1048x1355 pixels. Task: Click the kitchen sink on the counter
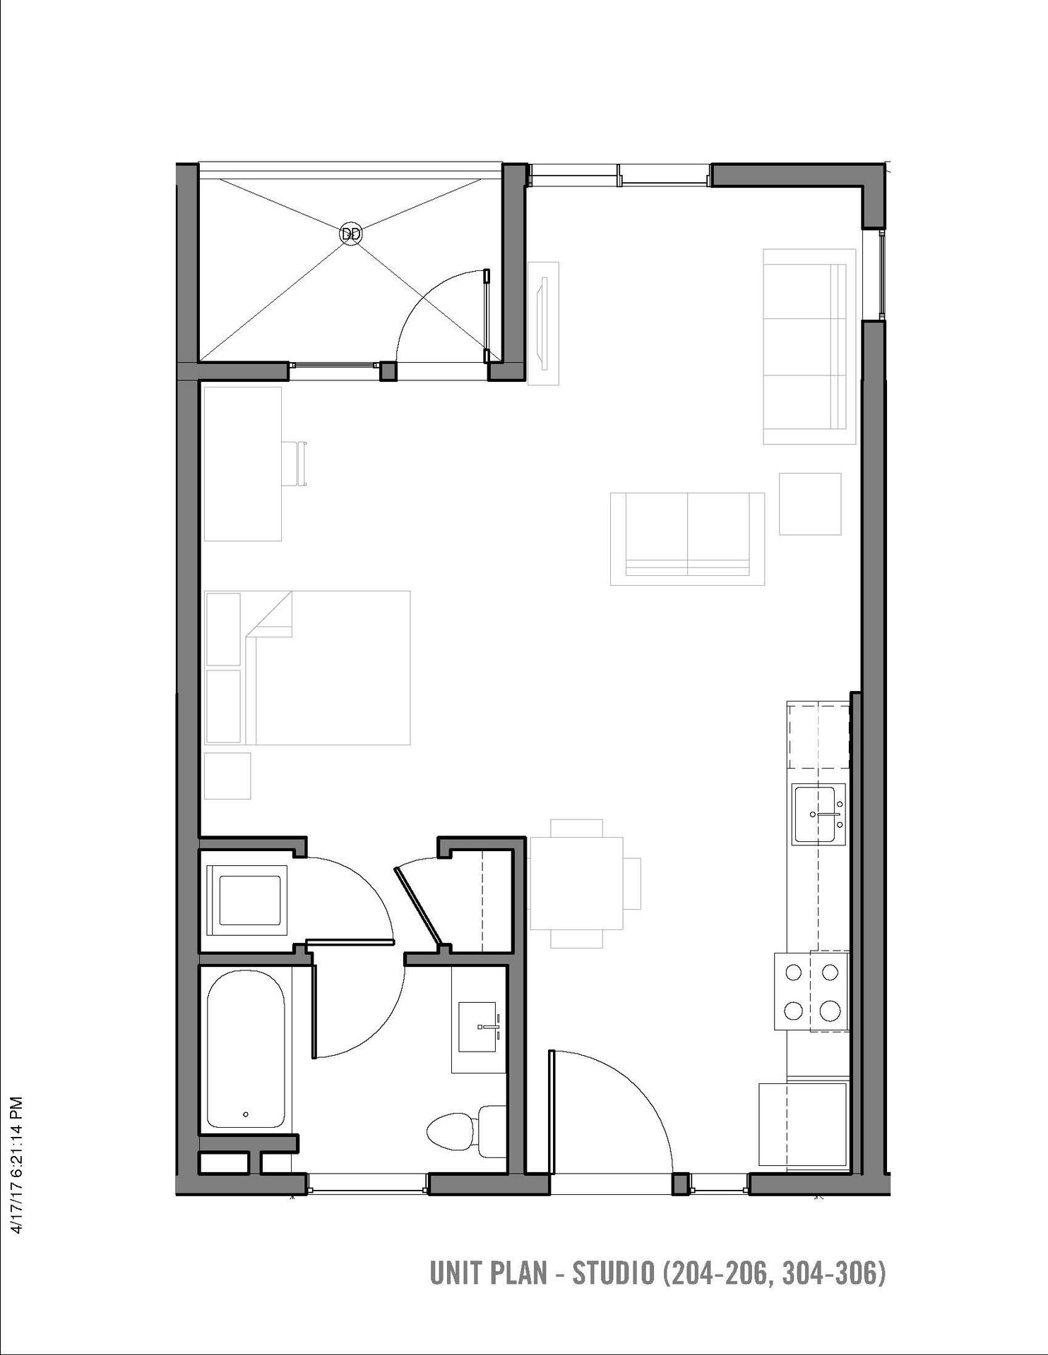pyautogui.click(x=818, y=814)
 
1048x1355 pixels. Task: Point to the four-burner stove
pyautogui.click(x=811, y=992)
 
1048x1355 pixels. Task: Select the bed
pyautogui.click(x=307, y=668)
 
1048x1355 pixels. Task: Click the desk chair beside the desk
pyautogui.click(x=295, y=464)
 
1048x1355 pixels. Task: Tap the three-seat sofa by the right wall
pyautogui.click(x=809, y=346)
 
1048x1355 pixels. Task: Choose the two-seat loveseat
pyautogui.click(x=687, y=538)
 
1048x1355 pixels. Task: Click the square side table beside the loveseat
pyautogui.click(x=810, y=504)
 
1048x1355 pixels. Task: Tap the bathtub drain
pyautogui.click(x=246, y=1114)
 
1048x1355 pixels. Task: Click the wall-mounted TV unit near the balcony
pyautogui.click(x=544, y=323)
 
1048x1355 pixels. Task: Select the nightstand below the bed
pyautogui.click(x=227, y=776)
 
